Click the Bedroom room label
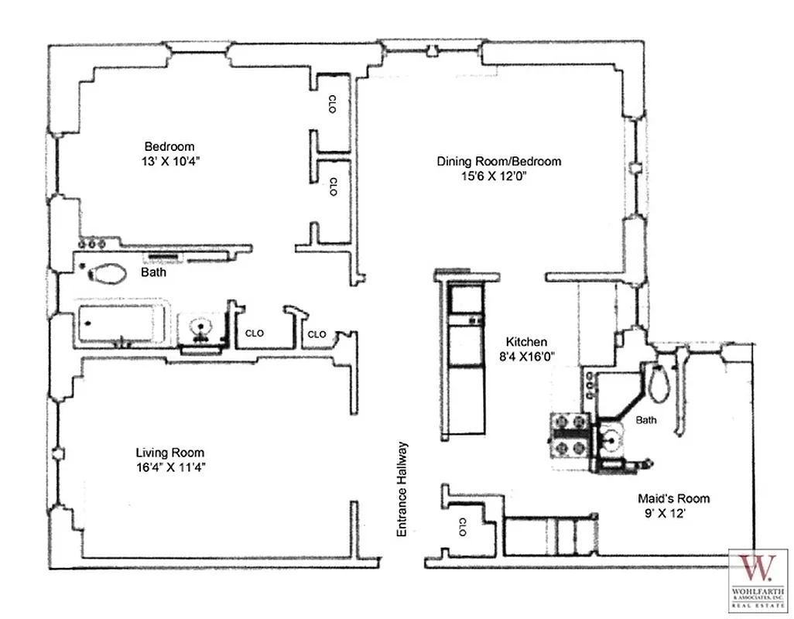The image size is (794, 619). click(x=169, y=146)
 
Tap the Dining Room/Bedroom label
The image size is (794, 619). click(x=498, y=162)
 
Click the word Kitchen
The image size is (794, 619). click(x=526, y=341)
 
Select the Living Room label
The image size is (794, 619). click(x=170, y=453)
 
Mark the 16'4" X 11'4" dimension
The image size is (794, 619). click(x=170, y=467)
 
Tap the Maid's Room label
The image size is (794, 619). click(x=673, y=498)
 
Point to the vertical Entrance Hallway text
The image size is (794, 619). click(x=402, y=489)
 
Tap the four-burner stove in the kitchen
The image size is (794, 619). click(x=570, y=435)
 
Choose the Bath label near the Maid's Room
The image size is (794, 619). click(x=646, y=420)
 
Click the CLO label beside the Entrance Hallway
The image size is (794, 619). click(x=461, y=527)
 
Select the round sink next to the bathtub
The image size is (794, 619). click(x=202, y=329)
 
